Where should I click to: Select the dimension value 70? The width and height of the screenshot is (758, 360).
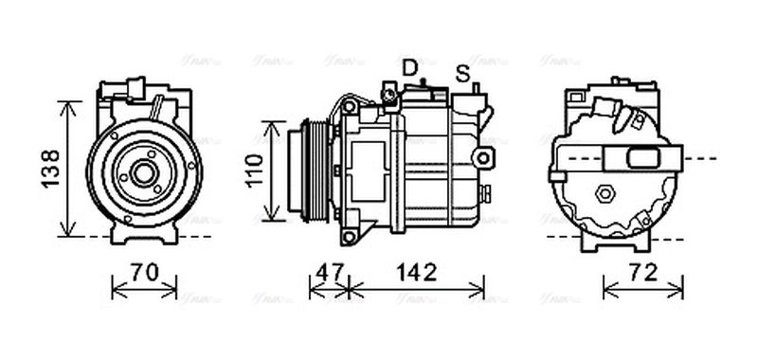(x=144, y=274)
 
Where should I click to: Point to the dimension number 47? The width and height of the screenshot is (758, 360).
(x=329, y=274)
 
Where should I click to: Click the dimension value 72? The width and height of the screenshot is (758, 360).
(x=643, y=274)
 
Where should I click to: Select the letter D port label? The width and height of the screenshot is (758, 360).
(x=409, y=67)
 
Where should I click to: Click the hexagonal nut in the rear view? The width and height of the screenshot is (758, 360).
(x=603, y=194)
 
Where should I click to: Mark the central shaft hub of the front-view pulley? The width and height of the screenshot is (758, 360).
(x=144, y=172)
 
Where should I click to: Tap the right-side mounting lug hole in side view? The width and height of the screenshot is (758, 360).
(x=485, y=155)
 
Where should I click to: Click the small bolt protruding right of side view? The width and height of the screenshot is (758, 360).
(x=486, y=194)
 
